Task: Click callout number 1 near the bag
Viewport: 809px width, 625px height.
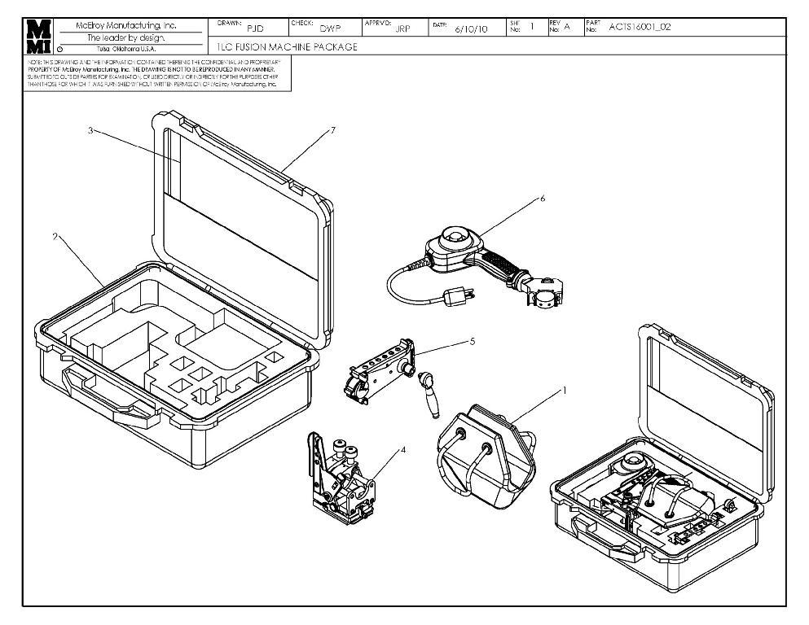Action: click(x=565, y=390)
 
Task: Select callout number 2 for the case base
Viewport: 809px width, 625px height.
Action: click(x=55, y=237)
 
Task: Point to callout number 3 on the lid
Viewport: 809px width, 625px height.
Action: click(x=89, y=130)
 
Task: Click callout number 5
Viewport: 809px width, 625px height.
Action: click(x=472, y=342)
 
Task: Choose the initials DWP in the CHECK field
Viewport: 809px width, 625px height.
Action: click(x=329, y=29)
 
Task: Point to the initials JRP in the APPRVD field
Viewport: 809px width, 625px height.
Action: click(x=402, y=29)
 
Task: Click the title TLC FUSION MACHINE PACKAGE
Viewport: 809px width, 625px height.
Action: click(x=288, y=46)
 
